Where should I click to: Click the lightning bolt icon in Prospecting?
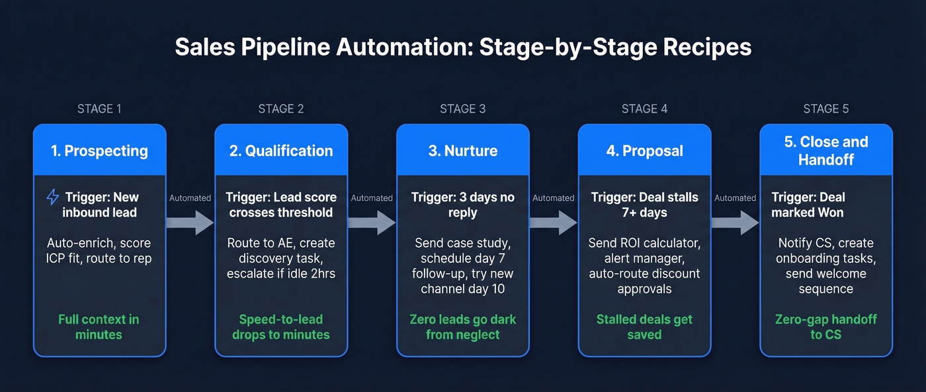[52, 197]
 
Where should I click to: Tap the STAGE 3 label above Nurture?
[462, 109]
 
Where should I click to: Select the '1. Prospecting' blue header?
[99, 151]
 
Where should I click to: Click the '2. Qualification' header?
[281, 151]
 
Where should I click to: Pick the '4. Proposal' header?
[644, 151]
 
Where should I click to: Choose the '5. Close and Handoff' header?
[825, 151]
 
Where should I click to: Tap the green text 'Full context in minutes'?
[99, 327]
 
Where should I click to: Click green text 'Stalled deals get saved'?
[644, 327]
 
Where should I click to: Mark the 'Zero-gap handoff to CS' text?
[825, 327]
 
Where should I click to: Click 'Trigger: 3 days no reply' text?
[462, 204]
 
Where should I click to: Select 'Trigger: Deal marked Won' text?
[808, 204]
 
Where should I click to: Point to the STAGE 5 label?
[825, 109]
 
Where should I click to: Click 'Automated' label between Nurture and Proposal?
[553, 198]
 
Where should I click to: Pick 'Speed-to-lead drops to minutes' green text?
[281, 327]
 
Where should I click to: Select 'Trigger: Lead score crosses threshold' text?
[281, 204]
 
